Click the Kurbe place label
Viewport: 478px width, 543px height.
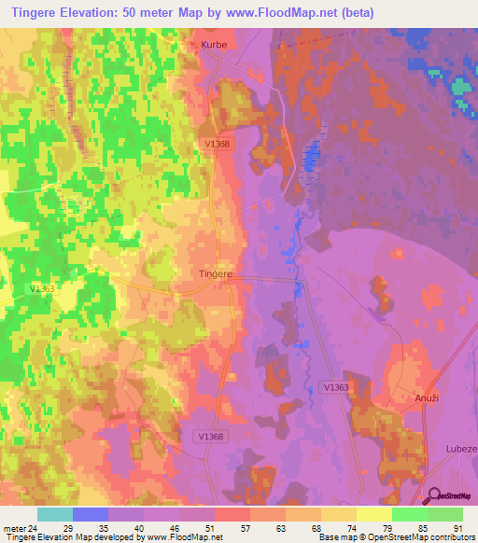coord(214,43)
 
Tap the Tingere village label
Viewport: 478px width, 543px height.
coord(216,275)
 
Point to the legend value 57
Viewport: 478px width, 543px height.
coord(244,528)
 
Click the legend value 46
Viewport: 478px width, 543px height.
coord(174,528)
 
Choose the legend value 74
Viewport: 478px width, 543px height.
coord(315,528)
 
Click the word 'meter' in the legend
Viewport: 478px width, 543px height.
coord(14,528)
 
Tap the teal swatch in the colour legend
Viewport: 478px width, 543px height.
coord(54,514)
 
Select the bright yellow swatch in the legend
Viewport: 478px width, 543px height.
coord(373,514)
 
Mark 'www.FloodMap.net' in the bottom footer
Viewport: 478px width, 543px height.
coord(183,537)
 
